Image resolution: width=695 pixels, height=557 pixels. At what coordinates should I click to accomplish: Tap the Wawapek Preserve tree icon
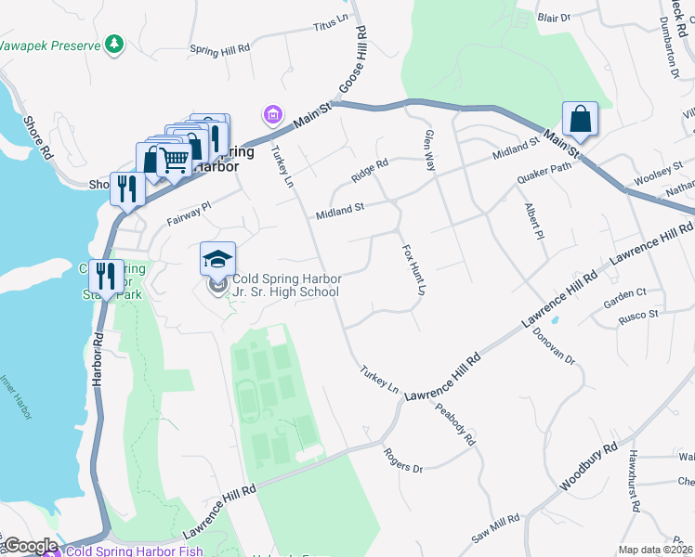pyautogui.click(x=113, y=44)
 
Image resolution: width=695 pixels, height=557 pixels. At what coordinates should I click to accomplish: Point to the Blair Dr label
pyautogui.click(x=553, y=17)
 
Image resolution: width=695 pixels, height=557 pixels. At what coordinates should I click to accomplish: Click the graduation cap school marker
pyautogui.click(x=217, y=259)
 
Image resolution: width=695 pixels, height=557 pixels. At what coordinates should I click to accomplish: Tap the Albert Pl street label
pyautogui.click(x=532, y=222)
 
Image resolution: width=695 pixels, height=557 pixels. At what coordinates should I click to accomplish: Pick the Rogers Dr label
pyautogui.click(x=403, y=461)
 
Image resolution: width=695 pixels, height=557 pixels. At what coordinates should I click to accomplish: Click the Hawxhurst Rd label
pyautogui.click(x=634, y=481)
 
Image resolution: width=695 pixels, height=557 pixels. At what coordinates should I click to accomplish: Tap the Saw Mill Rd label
pyautogui.click(x=495, y=529)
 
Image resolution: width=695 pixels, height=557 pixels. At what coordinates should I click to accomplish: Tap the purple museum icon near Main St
pyautogui.click(x=272, y=115)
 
